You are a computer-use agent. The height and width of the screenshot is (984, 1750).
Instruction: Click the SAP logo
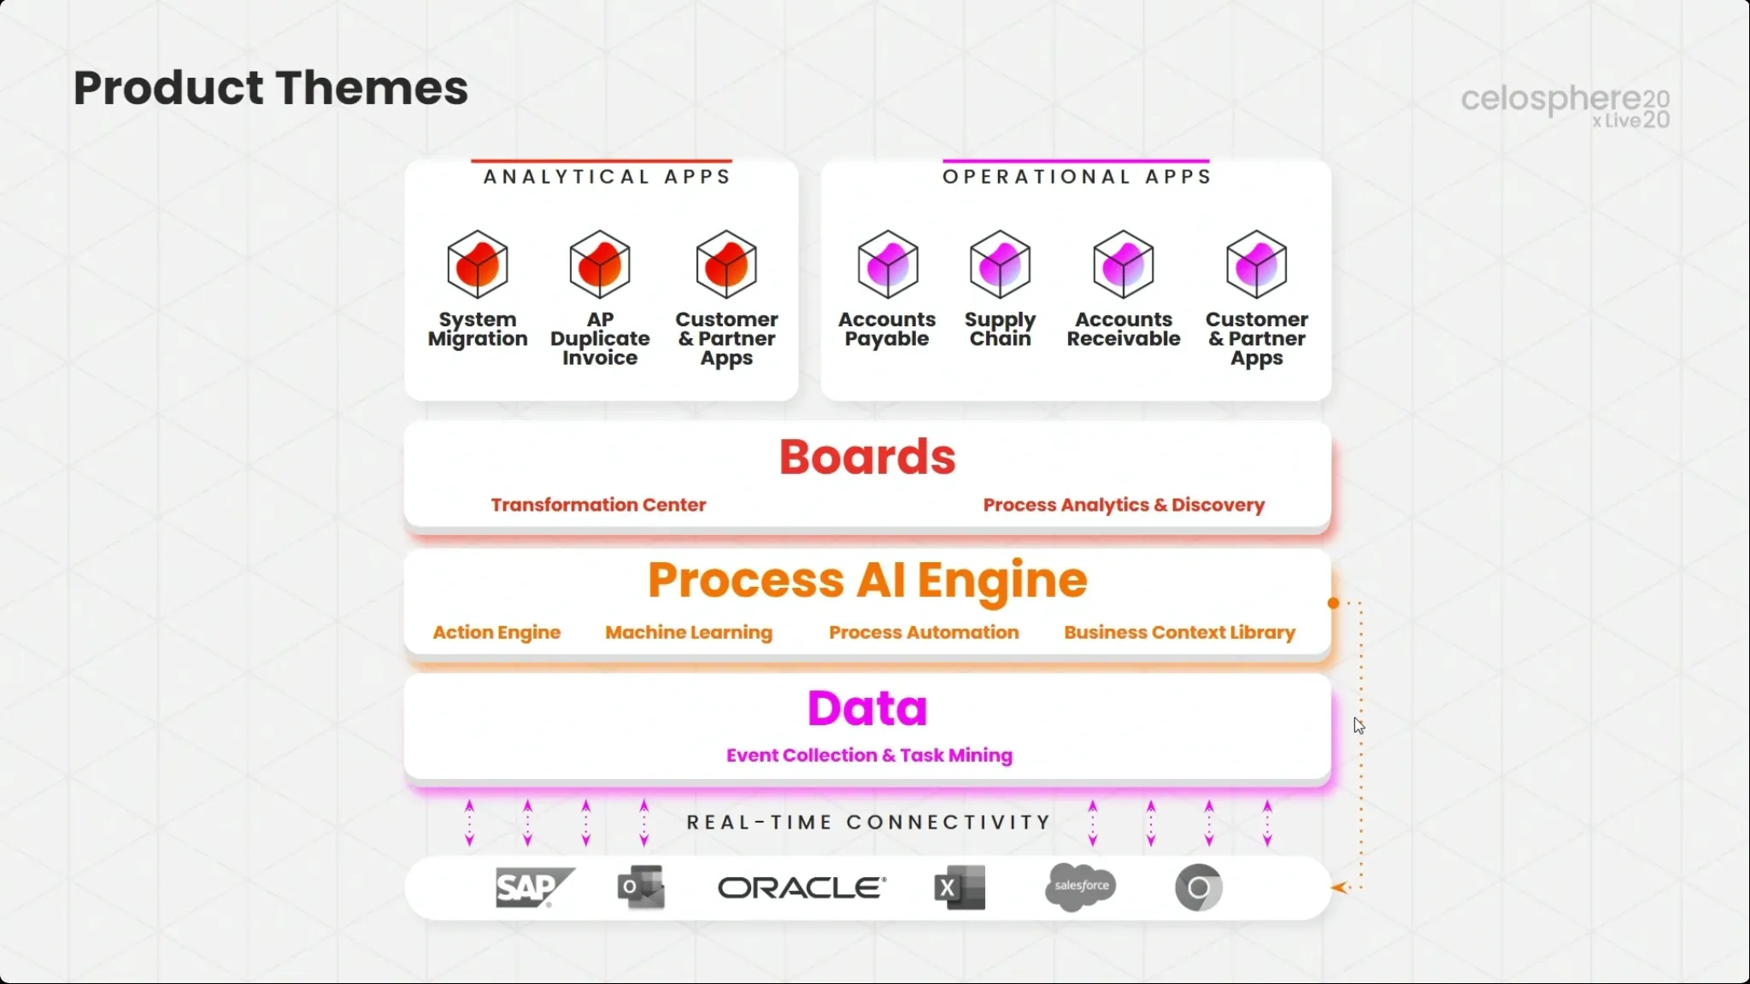(x=535, y=887)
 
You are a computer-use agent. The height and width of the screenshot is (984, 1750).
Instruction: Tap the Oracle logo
(x=802, y=888)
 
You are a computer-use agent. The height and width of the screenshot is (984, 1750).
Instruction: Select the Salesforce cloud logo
(x=1080, y=887)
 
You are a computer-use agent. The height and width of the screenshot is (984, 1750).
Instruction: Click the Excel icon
(x=960, y=887)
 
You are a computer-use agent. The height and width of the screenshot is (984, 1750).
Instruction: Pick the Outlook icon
(x=641, y=887)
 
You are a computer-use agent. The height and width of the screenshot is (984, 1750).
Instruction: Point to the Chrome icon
(x=1198, y=888)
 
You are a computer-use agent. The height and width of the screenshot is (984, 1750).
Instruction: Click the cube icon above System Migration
(x=478, y=264)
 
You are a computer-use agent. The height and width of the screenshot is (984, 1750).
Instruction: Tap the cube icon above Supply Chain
(x=1000, y=264)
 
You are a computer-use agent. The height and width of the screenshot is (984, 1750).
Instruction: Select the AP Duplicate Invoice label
(x=600, y=338)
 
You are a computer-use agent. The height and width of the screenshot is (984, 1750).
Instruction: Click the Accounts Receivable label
(x=1124, y=329)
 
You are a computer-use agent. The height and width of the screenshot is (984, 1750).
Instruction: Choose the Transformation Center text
(x=598, y=505)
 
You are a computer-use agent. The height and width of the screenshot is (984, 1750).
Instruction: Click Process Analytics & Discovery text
(x=1124, y=505)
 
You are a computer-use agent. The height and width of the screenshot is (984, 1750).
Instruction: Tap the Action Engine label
(x=496, y=632)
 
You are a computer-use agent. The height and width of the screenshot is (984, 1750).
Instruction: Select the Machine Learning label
(x=689, y=632)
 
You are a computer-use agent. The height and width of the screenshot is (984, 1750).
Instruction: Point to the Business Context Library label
(x=1180, y=632)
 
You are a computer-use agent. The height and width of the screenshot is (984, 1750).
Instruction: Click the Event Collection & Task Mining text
(x=869, y=755)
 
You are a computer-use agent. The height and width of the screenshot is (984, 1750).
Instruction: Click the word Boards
(x=867, y=457)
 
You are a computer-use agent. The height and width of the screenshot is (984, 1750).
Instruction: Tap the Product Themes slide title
(x=271, y=88)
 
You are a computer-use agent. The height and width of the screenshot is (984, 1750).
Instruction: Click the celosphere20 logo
(x=1565, y=106)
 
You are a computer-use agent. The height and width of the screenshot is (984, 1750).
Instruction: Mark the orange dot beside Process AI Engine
(x=1333, y=603)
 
